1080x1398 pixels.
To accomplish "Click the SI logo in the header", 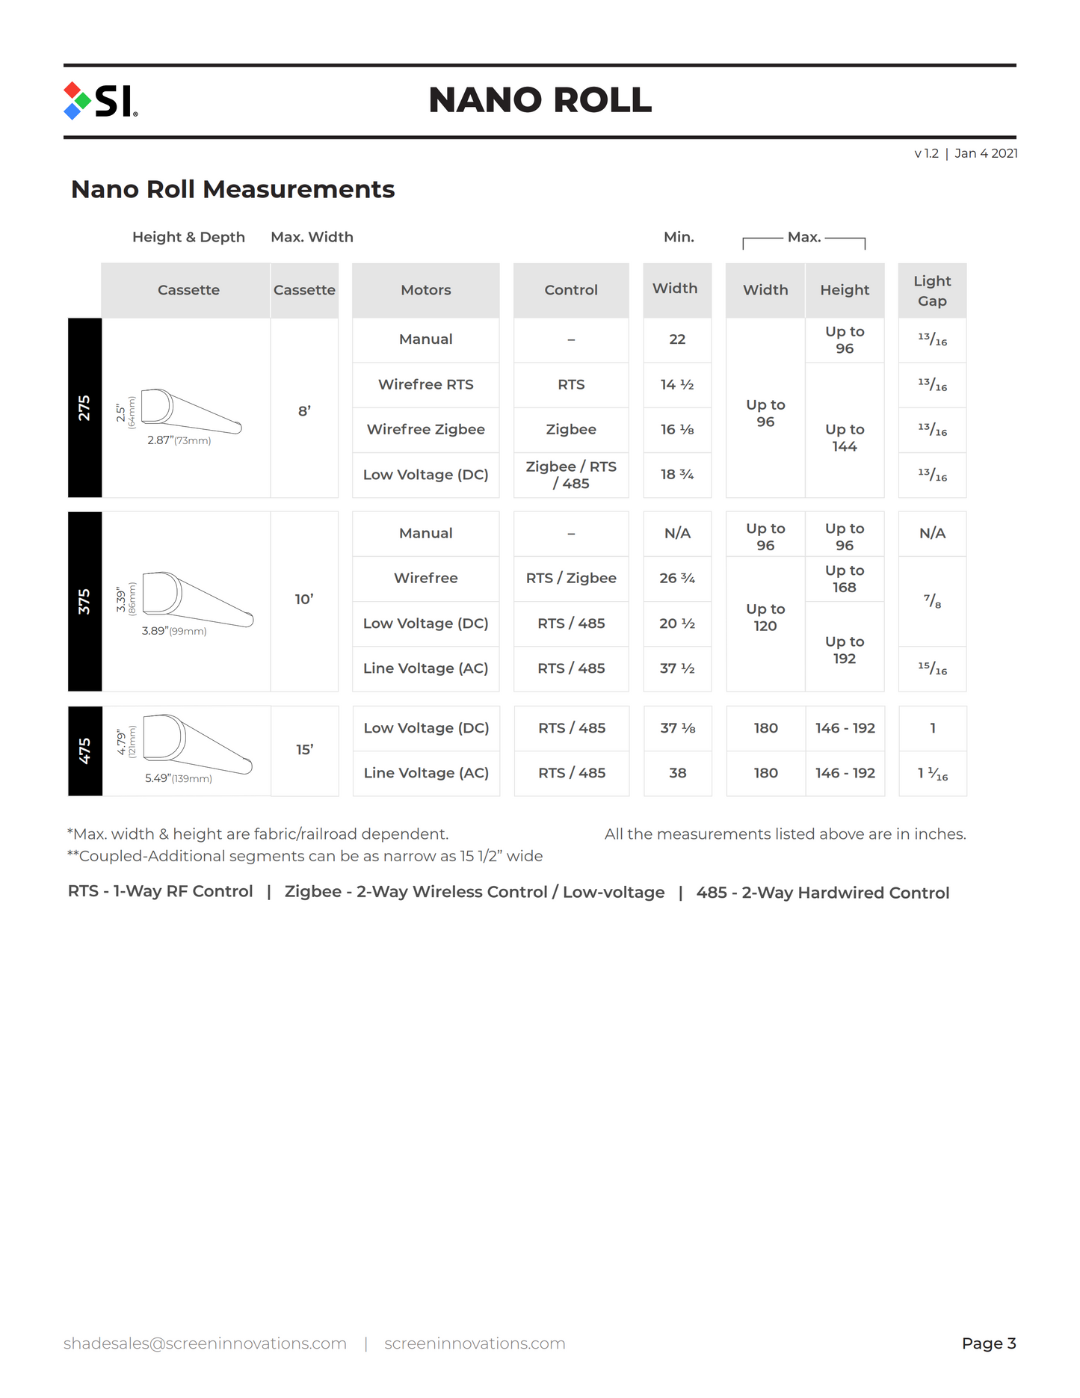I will coord(101,101).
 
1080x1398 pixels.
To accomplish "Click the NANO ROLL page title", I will coord(540,100).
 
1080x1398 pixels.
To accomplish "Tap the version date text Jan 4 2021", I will coord(986,153).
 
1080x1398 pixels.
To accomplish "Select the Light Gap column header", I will coord(932,291).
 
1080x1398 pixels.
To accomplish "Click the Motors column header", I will coord(425,290).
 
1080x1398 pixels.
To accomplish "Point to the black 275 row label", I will coord(84,407).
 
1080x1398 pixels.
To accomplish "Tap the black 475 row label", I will coord(84,751).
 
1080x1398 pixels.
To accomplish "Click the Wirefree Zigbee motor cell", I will coord(425,429).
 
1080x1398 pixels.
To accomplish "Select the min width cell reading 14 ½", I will coord(677,384).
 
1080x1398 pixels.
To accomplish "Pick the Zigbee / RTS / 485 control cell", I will coord(571,475).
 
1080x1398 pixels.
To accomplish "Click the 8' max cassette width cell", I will coord(304,410).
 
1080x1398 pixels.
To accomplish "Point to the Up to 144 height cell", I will coord(845,437).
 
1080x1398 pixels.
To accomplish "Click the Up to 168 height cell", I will coord(845,579).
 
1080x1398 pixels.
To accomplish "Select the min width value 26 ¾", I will coord(677,578).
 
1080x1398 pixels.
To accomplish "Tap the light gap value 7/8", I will coord(932,601).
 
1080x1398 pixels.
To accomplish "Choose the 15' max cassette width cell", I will coord(304,749).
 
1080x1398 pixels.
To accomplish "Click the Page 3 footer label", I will coord(988,1343).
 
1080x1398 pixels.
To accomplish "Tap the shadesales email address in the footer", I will coord(205,1343).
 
